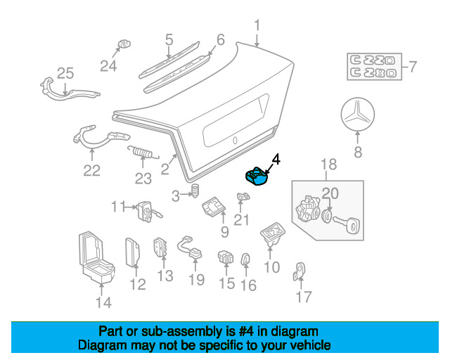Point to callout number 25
click(65, 73)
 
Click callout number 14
click(103, 303)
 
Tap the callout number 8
click(357, 151)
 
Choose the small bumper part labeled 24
click(124, 44)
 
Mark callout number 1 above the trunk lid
click(257, 25)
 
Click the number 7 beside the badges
click(413, 67)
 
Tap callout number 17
click(303, 297)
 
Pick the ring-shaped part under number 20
click(328, 217)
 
